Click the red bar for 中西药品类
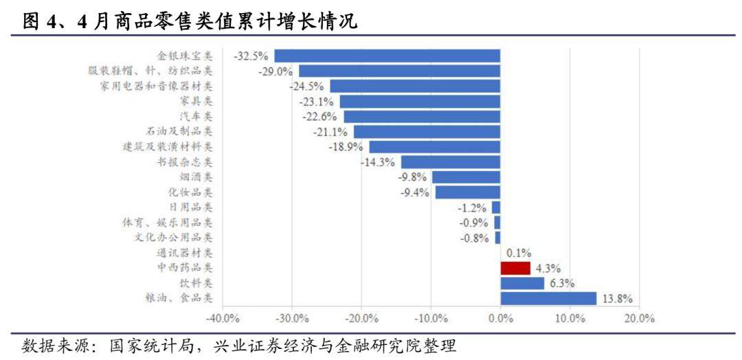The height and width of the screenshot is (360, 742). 515,268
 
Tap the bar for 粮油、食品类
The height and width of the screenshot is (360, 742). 548,298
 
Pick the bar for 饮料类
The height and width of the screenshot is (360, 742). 522,283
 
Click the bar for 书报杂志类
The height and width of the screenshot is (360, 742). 450,162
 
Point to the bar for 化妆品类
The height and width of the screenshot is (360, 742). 467,192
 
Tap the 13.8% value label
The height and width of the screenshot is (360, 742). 616,298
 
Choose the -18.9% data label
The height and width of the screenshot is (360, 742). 347,147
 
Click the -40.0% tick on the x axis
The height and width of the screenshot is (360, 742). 223,318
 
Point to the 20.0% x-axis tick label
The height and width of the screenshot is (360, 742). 639,318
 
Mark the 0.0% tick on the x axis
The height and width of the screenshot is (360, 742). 500,318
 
